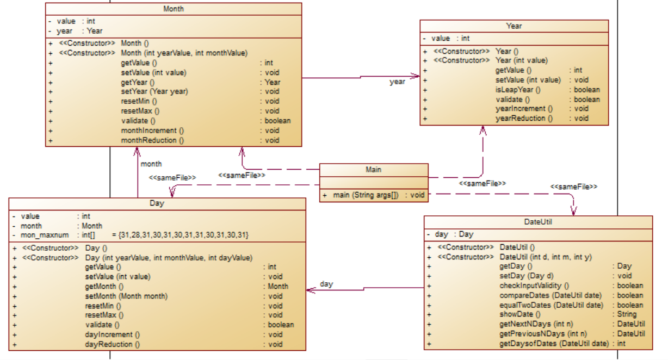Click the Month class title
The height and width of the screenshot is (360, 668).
pyautogui.click(x=174, y=9)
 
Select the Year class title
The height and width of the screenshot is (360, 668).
pyautogui.click(x=514, y=26)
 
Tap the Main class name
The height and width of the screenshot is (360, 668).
pyautogui.click(x=373, y=170)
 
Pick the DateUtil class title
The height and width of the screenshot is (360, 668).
pyautogui.click(x=537, y=222)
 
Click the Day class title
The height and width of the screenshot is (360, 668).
pyautogui.click(x=157, y=203)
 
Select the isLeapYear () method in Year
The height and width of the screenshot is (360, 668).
pyautogui.click(x=518, y=90)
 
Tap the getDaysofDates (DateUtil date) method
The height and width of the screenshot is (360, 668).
pyautogui.click(x=553, y=344)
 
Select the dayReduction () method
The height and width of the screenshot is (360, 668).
pyautogui.click(x=113, y=344)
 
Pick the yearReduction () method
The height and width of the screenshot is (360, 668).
pyautogui.click(x=524, y=118)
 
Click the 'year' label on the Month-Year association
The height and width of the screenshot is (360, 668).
pyautogui.click(x=397, y=82)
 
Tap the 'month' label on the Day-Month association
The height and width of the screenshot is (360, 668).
pyautogui.click(x=151, y=164)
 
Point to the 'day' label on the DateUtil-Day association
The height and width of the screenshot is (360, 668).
pyautogui.click(x=326, y=284)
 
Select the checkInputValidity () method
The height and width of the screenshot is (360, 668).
pyautogui.click(x=534, y=285)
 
